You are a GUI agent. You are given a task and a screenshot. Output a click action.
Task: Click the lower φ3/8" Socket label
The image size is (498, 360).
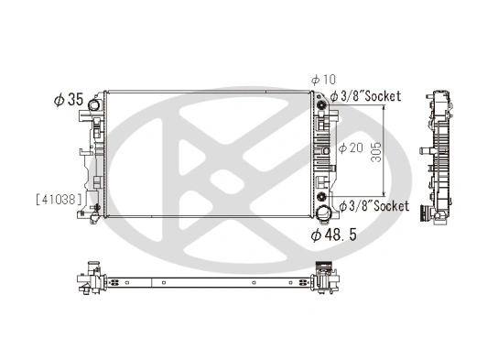click(373, 206)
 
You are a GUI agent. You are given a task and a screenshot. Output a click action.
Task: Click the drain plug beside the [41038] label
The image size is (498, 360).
click(96, 211)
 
